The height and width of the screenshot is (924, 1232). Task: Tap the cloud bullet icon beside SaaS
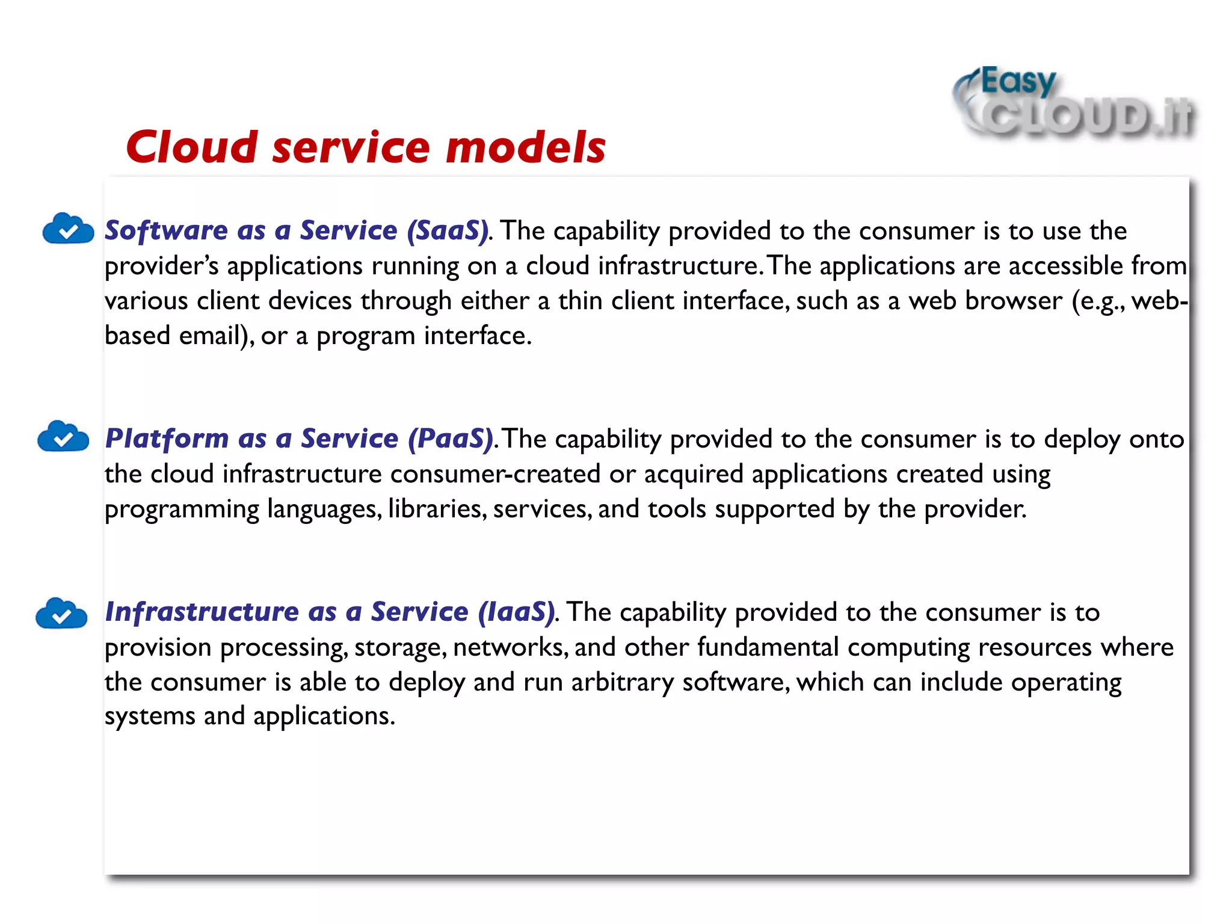click(68, 229)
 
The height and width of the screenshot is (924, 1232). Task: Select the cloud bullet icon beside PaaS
click(63, 437)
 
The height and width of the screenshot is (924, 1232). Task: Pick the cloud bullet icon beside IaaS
click(61, 614)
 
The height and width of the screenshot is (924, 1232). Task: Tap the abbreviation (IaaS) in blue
click(516, 612)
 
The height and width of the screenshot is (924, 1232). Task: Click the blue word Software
click(166, 231)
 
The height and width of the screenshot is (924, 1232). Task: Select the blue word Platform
click(167, 439)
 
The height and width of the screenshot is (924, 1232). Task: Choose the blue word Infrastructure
click(202, 612)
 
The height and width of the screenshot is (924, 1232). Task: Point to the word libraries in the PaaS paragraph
click(437, 510)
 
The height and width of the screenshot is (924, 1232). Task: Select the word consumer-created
click(495, 475)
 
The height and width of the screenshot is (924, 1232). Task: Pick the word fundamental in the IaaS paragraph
click(768, 648)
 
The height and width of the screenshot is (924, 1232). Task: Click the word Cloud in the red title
click(192, 148)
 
